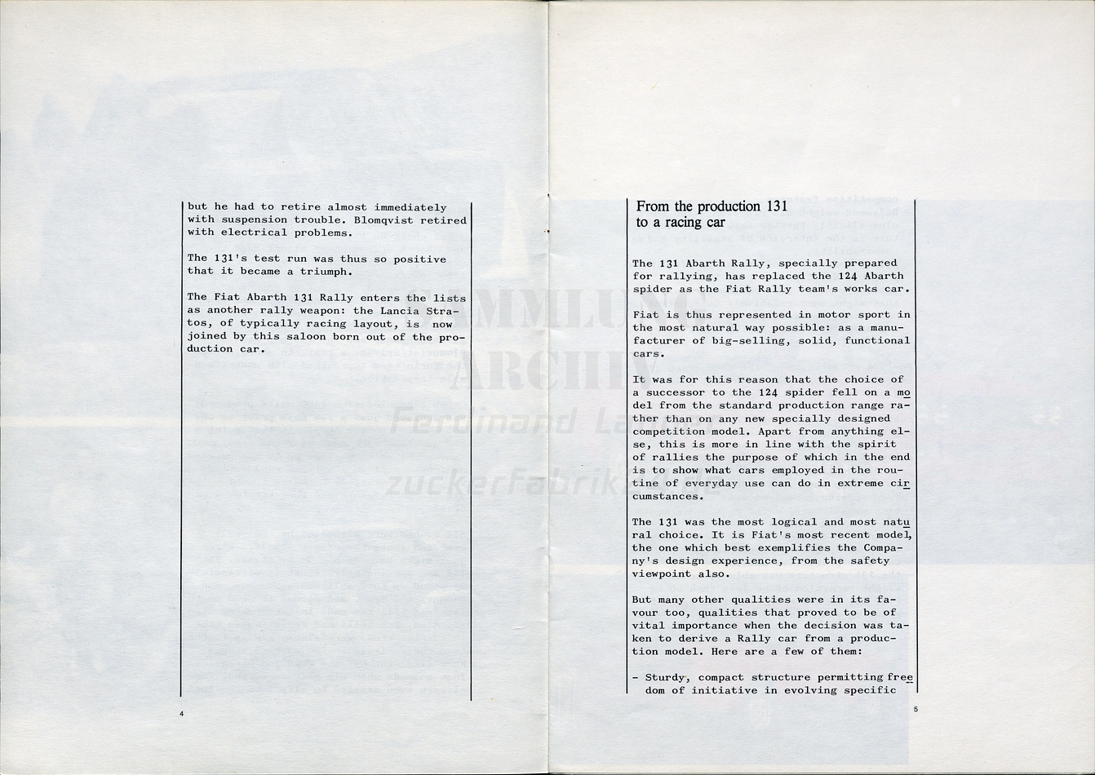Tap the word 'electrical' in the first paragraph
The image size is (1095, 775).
250,233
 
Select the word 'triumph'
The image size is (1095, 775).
327,272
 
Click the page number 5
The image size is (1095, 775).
915,710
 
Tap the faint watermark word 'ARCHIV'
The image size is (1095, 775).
539,371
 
